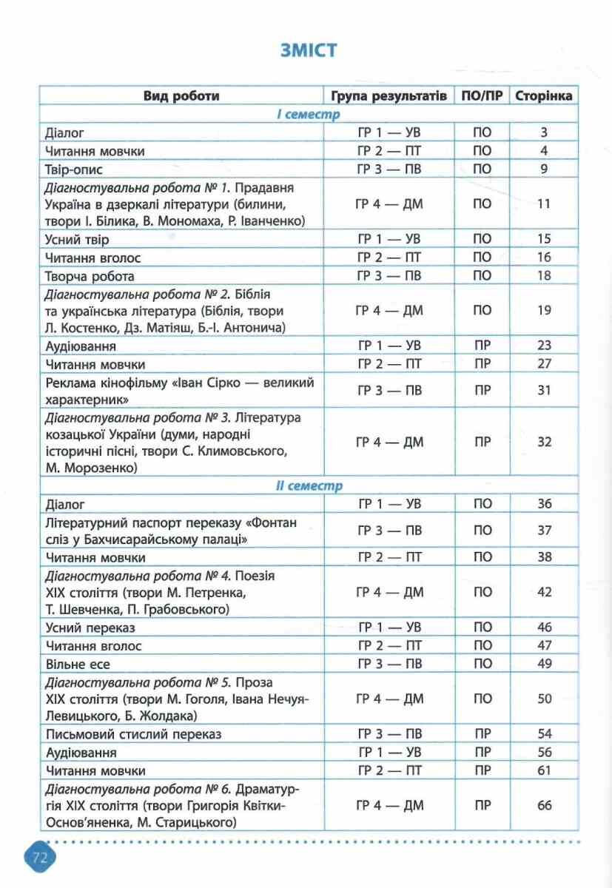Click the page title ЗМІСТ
(309, 50)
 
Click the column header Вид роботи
(181, 96)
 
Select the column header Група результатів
(389, 96)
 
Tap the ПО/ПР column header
(482, 96)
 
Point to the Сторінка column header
(544, 96)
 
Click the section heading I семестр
(309, 115)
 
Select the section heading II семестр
(309, 486)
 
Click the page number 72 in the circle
(39, 858)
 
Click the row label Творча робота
(90, 276)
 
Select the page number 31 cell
(544, 391)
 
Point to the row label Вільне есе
(81, 663)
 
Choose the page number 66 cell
(544, 805)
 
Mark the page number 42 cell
(544, 592)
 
